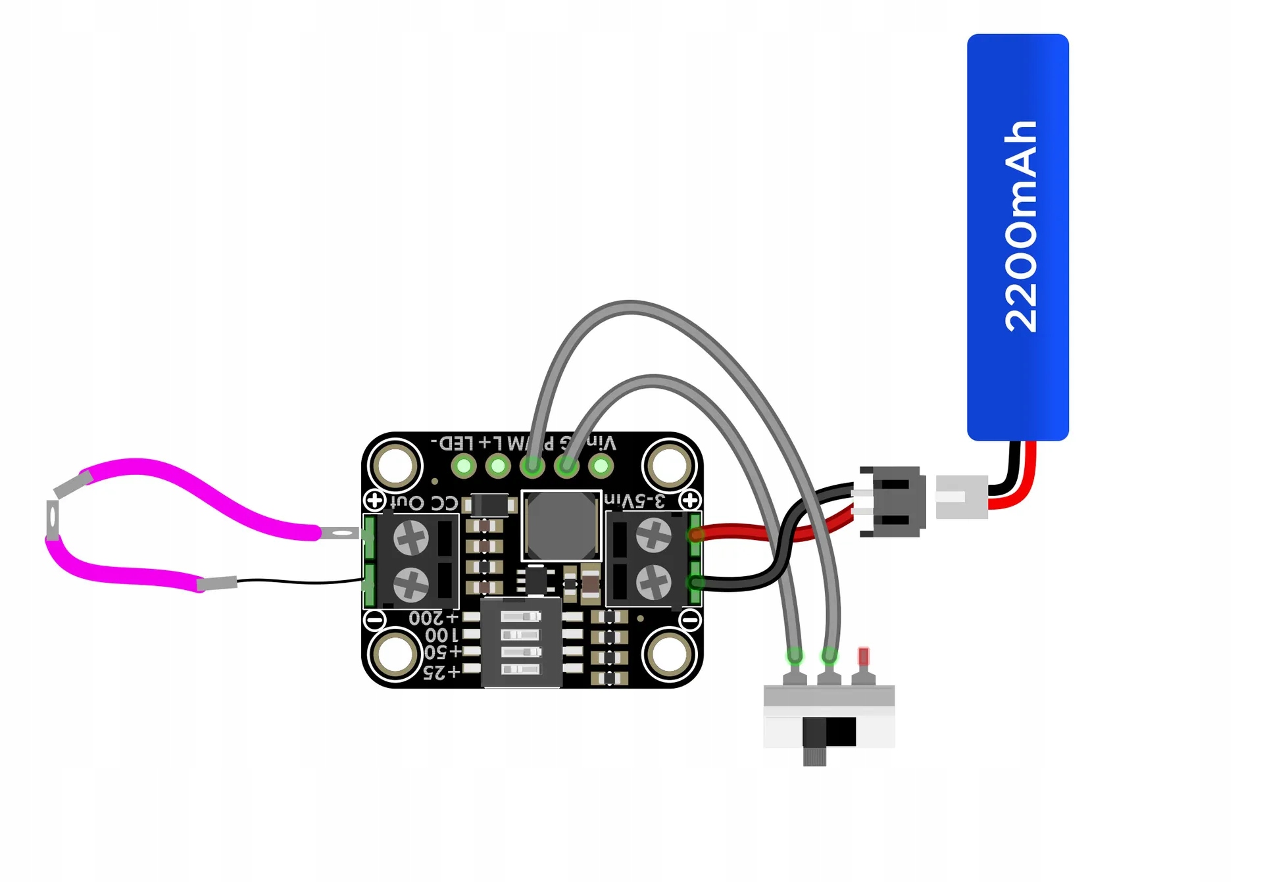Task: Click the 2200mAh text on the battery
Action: tap(1020, 227)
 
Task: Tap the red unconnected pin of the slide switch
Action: tap(863, 656)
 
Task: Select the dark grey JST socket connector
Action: tap(893, 502)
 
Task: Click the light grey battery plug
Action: tap(960, 497)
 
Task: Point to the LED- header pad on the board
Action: tap(464, 466)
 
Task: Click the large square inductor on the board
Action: tap(561, 526)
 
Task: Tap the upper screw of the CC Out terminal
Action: tap(411, 538)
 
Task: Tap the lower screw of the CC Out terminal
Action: tap(411, 584)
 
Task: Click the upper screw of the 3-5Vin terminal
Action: tap(653, 535)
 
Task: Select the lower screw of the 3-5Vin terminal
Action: tap(653, 582)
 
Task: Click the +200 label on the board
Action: tap(433, 618)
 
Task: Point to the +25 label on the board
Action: tap(441, 672)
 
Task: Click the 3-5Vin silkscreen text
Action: tap(635, 501)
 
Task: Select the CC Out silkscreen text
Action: tap(424, 503)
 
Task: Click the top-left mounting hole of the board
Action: tap(395, 465)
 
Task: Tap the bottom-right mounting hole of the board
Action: tap(669, 655)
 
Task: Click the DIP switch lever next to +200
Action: tap(520, 617)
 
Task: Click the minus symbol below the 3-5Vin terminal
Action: tap(690, 619)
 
